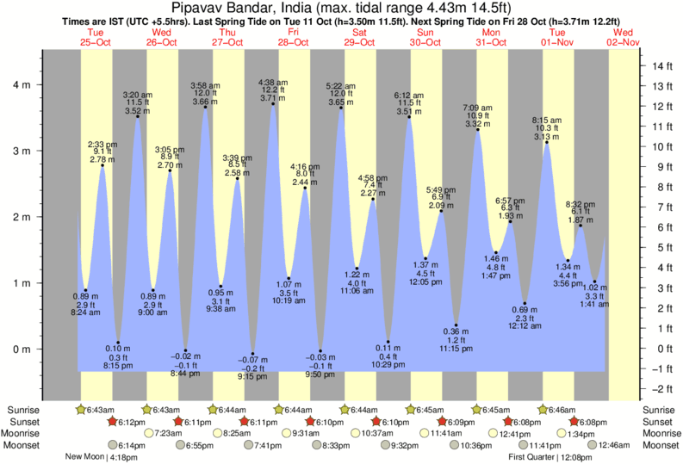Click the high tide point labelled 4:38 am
pyautogui.click(x=274, y=104)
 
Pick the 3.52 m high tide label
pyautogui.click(x=138, y=110)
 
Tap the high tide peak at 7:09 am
pyautogui.click(x=478, y=130)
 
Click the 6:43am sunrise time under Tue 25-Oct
pyautogui.click(x=96, y=409)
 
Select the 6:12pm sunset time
pyautogui.click(x=128, y=422)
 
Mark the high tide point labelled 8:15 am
pyautogui.click(x=546, y=142)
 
